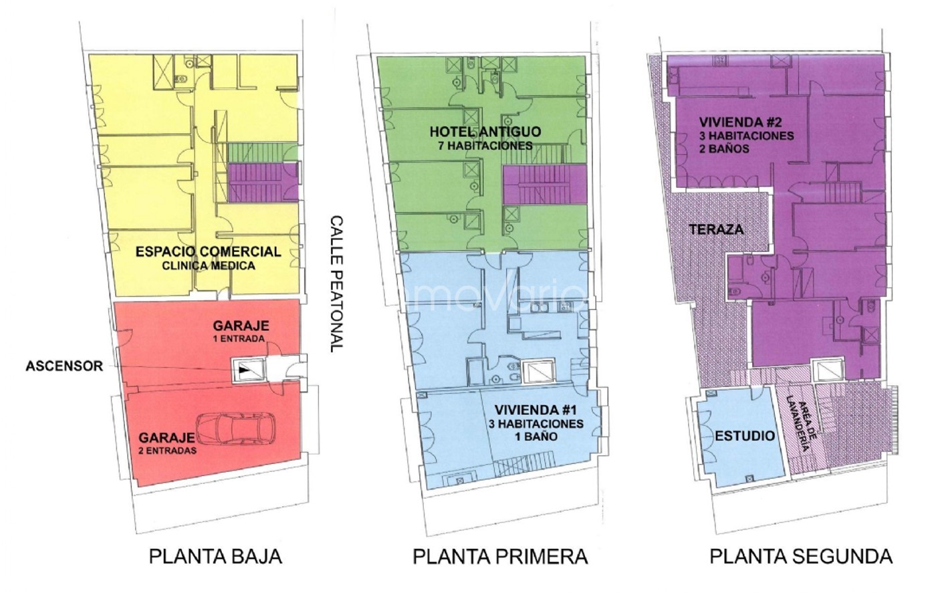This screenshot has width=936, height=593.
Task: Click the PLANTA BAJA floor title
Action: point(215,557)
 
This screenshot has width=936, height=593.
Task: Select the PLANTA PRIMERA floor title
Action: point(500,557)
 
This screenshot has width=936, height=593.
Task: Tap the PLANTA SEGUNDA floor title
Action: point(801,557)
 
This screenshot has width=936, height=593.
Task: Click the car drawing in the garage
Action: point(236,429)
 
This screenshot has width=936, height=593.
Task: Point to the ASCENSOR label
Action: point(64,366)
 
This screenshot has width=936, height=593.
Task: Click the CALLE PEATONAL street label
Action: point(336,283)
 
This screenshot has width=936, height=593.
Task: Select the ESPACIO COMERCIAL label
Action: point(209,251)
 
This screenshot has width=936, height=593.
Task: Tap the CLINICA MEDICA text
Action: point(209,266)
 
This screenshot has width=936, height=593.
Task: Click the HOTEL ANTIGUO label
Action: point(485,132)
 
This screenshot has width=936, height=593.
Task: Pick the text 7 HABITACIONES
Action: point(485,146)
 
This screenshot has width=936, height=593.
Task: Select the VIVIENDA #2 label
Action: point(741,122)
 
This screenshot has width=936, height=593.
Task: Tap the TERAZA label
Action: point(716,229)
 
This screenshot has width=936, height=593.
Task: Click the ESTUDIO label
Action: point(745,437)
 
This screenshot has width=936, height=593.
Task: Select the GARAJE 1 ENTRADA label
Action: point(241,332)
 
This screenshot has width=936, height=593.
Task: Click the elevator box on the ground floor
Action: point(249,370)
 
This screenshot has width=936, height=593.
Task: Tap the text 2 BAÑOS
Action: point(725,149)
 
